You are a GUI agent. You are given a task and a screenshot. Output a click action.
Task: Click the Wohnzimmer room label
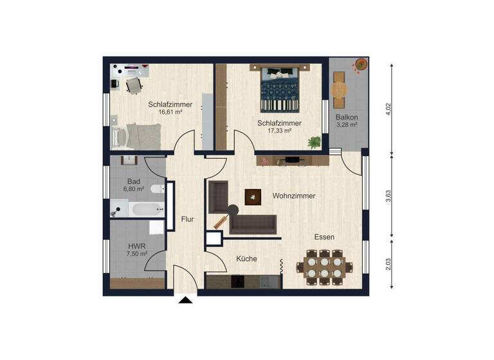click(x=293, y=195)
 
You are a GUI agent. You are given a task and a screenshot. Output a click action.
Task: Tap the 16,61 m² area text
click(x=170, y=112)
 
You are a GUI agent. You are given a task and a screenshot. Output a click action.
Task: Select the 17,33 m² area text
click(x=279, y=130)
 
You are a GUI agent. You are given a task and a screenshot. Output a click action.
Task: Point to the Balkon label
click(x=346, y=117)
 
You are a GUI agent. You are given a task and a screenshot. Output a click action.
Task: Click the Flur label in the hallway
click(x=188, y=219)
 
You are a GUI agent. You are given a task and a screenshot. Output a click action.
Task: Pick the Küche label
click(x=246, y=258)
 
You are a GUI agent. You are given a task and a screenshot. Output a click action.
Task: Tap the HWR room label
click(x=135, y=246)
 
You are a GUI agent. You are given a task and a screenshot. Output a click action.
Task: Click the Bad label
click(x=134, y=181)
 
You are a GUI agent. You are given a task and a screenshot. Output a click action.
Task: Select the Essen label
click(x=324, y=237)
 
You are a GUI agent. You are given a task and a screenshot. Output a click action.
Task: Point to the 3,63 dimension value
click(x=388, y=197)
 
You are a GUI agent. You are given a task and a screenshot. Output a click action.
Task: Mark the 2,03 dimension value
click(x=388, y=264)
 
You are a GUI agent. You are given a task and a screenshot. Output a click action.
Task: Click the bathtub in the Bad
click(x=145, y=209)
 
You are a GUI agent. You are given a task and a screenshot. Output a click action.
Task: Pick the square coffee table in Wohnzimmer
click(x=253, y=197)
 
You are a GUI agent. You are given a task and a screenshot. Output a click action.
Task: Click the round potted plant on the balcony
click(x=361, y=64)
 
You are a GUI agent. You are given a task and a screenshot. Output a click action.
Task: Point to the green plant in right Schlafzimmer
click(x=314, y=142)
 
